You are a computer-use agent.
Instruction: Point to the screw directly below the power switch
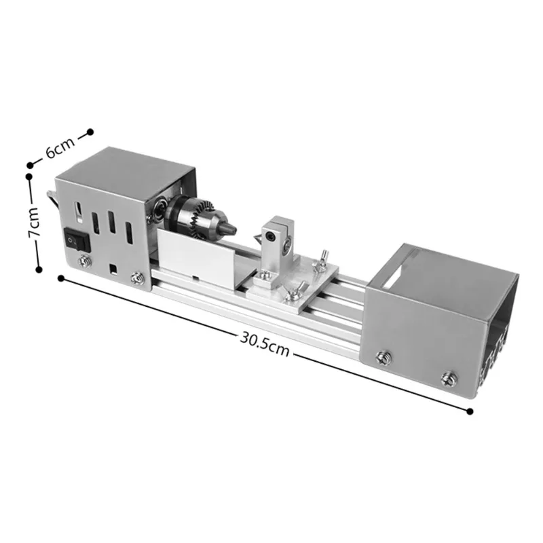85,259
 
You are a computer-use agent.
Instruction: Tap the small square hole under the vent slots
113,267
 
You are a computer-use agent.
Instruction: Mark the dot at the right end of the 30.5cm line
470,411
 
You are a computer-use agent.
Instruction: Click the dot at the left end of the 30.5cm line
62,278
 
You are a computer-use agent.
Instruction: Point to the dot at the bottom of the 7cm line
39,269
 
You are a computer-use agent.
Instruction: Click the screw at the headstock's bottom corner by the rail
138,277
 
